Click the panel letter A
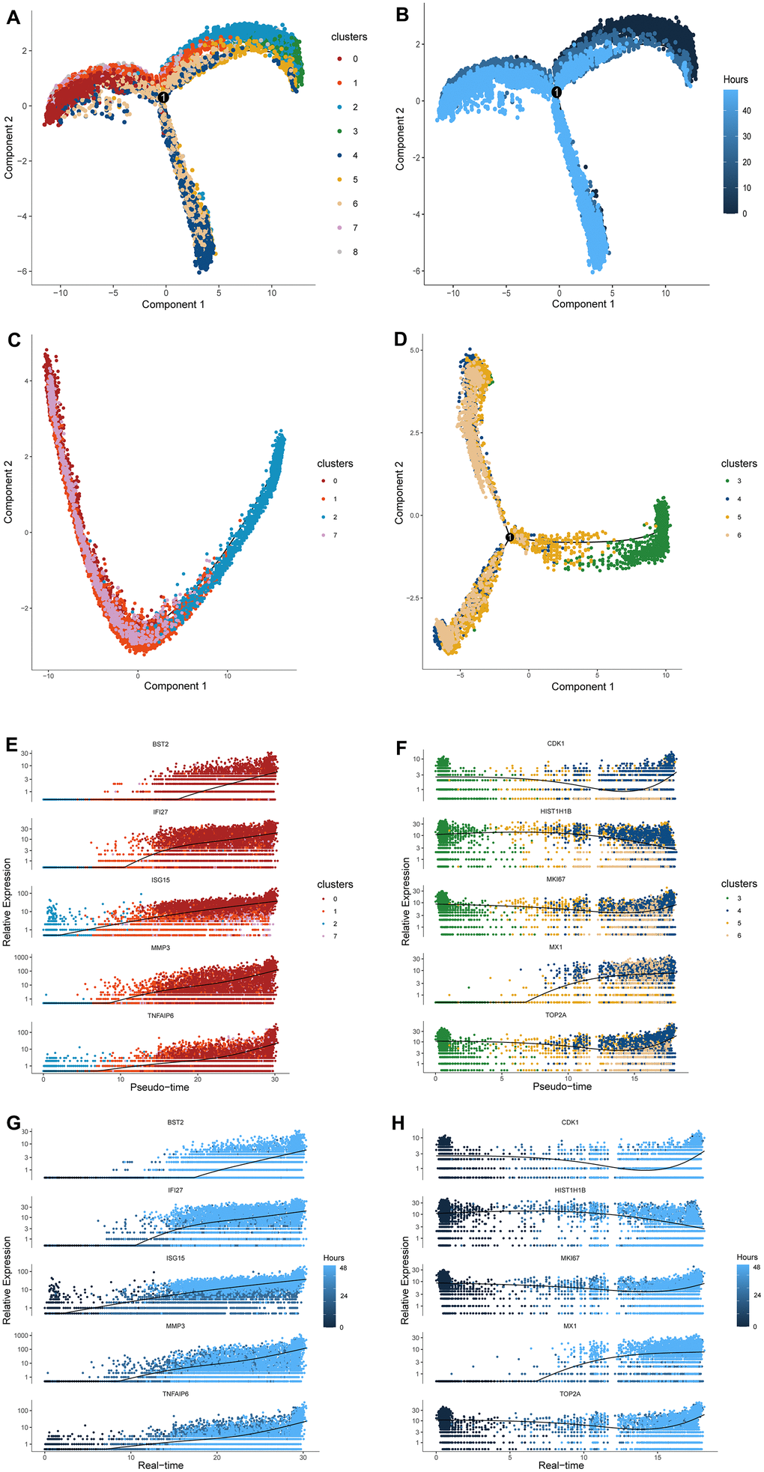tap(13, 16)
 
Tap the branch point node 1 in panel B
tap(557, 92)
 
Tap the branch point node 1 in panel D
tap(509, 537)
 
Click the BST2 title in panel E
tap(160, 745)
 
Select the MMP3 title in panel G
tap(175, 1326)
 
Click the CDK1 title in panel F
tap(557, 744)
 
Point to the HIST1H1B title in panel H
tap(570, 1190)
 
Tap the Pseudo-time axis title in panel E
tap(160, 1087)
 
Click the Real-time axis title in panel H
tap(561, 1465)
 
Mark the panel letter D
tap(401, 339)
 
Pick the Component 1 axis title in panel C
tap(175, 685)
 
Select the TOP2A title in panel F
tap(555, 1016)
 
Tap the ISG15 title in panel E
tap(160, 880)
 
